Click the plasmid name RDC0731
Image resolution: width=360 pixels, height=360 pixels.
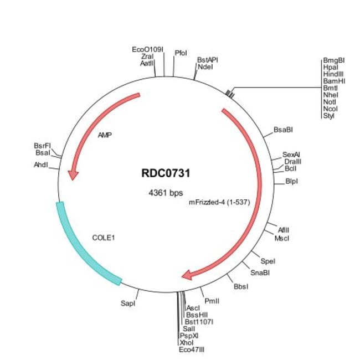point(166,173)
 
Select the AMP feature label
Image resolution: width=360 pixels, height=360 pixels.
point(105,135)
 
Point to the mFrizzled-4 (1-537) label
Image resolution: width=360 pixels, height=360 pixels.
point(220,202)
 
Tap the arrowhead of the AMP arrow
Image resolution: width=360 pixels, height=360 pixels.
point(73,174)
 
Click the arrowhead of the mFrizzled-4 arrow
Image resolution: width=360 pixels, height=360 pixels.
point(188,275)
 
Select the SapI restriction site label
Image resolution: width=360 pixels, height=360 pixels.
point(128,304)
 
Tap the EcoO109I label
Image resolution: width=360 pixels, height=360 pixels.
point(148,49)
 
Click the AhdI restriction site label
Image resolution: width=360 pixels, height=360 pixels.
point(41,164)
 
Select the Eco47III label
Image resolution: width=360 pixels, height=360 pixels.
point(192,350)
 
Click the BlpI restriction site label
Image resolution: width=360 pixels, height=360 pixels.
point(291,181)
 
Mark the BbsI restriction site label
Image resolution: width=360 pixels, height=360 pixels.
point(241,286)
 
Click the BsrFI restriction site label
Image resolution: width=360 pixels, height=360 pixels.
point(42,146)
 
